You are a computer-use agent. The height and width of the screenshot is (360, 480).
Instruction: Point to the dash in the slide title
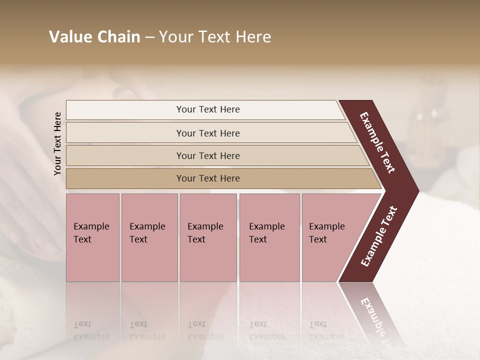[149, 37]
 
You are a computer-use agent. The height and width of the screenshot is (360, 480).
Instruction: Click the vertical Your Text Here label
[57, 143]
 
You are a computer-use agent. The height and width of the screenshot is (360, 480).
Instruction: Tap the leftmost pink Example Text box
[92, 237]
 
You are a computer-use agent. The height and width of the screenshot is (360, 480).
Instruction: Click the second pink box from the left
[149, 237]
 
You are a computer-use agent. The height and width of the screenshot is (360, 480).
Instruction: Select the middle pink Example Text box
[208, 237]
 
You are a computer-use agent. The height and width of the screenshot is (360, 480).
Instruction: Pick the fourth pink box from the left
[269, 237]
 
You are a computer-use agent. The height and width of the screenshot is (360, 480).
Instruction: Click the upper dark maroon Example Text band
[378, 142]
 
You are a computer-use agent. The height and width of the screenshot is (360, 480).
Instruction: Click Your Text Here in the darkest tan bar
[208, 178]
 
